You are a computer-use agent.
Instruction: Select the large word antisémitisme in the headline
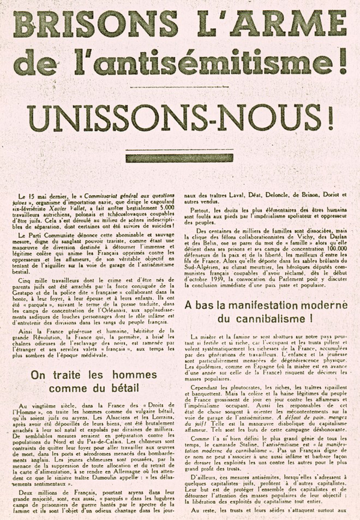pos(199,59)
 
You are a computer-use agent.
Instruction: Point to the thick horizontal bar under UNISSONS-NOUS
pos(179,158)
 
